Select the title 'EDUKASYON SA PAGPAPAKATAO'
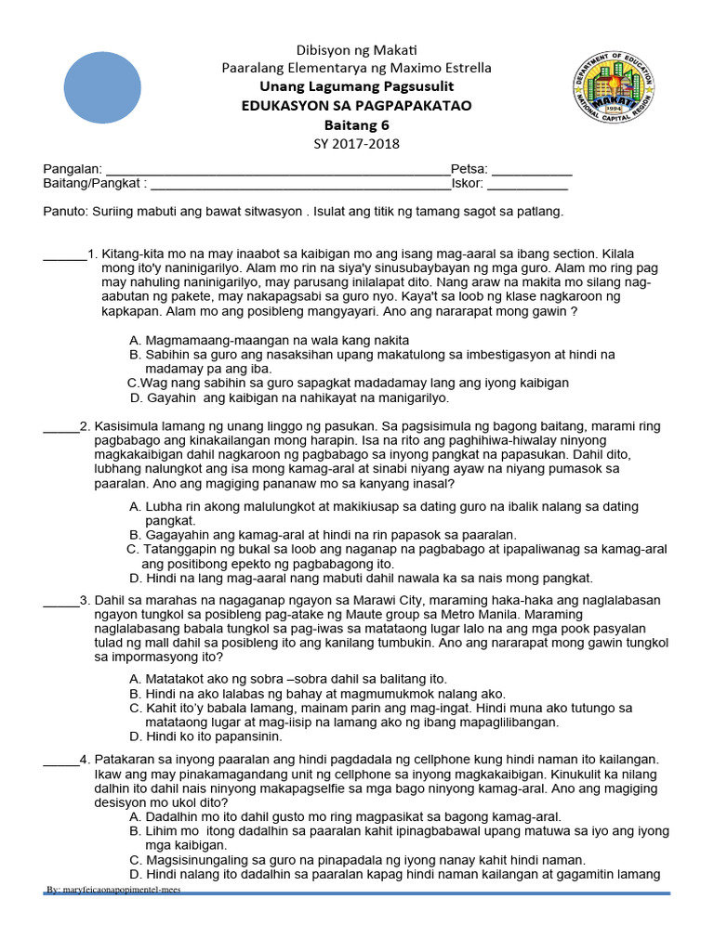click(x=356, y=106)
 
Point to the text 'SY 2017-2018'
click(x=356, y=143)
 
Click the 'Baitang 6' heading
click(x=356, y=124)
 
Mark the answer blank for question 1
click(x=64, y=254)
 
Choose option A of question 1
click(x=270, y=340)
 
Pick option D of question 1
click(x=289, y=397)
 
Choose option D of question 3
click(x=205, y=736)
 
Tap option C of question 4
click(x=358, y=859)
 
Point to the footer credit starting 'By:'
click(x=114, y=889)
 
